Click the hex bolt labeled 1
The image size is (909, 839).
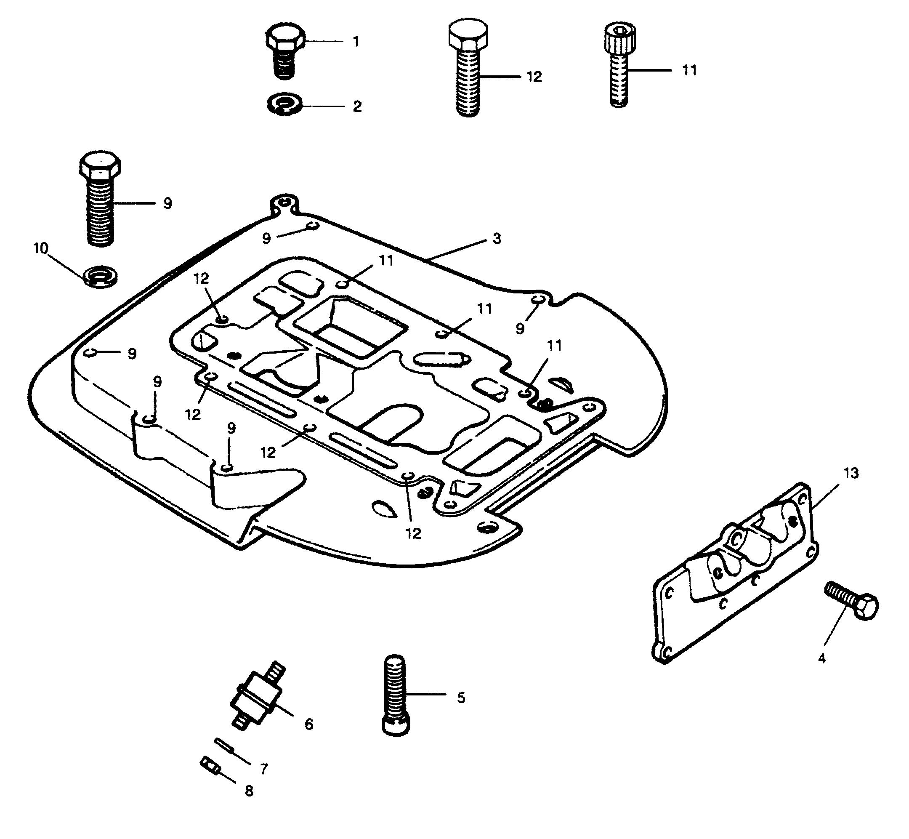pyautogui.click(x=284, y=52)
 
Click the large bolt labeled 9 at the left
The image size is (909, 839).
pyautogui.click(x=100, y=199)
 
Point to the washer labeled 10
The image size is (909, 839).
pyautogui.click(x=100, y=277)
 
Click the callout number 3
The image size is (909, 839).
pyautogui.click(x=497, y=238)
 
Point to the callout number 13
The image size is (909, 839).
pyautogui.click(x=851, y=473)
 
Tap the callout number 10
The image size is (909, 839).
pyautogui.click(x=40, y=248)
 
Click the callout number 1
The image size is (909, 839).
pyautogui.click(x=356, y=42)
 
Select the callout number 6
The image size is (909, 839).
pyautogui.click(x=308, y=724)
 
